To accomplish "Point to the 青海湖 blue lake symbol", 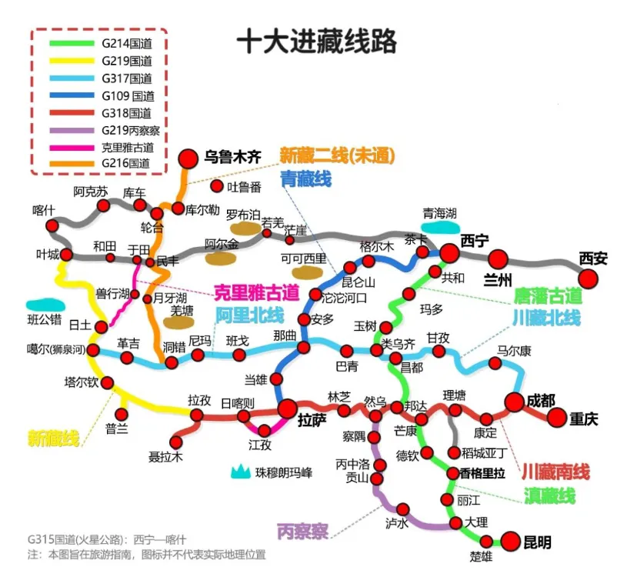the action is click(440, 227).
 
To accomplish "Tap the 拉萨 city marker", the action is click(288, 409).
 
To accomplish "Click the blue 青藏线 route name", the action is click(306, 180).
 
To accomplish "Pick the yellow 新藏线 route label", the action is click(54, 439).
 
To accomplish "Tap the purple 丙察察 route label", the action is click(302, 530).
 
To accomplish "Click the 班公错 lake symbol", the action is click(42, 305).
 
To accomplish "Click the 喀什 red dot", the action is click(52, 225).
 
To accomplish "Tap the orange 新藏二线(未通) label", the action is click(337, 156).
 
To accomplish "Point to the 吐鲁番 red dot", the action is click(217, 186).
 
